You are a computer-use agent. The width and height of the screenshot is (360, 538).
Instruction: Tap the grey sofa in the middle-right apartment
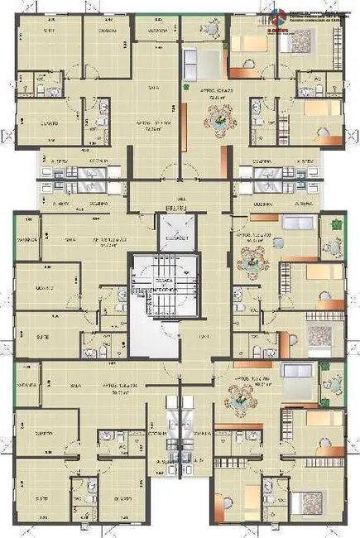(x=295, y=223)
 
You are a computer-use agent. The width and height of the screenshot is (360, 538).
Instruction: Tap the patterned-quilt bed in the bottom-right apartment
(x=306, y=501)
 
